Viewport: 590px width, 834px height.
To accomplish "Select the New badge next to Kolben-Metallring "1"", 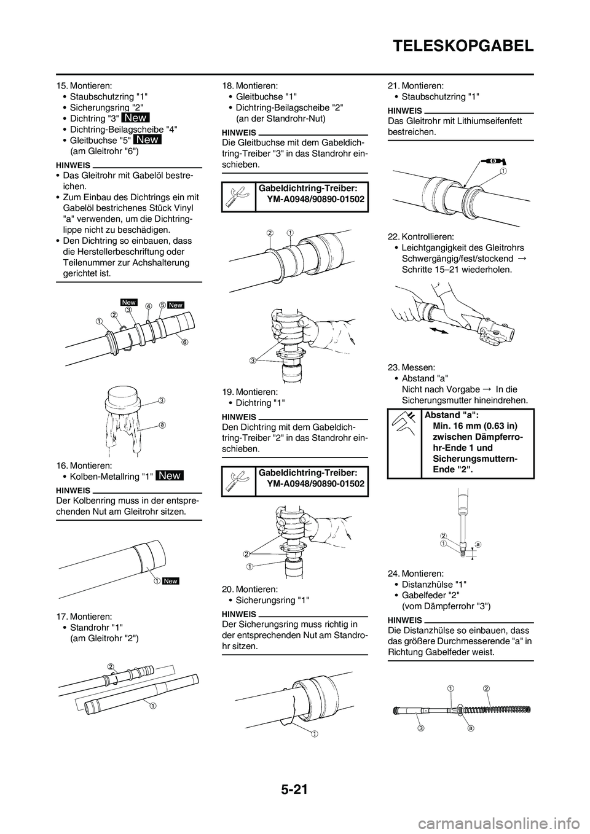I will click(x=169, y=475).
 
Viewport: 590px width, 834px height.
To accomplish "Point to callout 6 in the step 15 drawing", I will click(x=183, y=343).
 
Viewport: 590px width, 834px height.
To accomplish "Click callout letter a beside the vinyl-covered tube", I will click(x=162, y=424).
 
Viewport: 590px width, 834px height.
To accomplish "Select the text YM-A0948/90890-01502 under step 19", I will click(x=315, y=484).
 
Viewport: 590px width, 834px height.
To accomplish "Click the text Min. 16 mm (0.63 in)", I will click(x=474, y=426).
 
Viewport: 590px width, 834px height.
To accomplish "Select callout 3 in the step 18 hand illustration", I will click(x=252, y=360).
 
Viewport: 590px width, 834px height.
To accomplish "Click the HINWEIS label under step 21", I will click(x=405, y=111).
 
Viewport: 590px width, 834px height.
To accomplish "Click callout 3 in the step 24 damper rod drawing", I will click(x=422, y=728).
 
